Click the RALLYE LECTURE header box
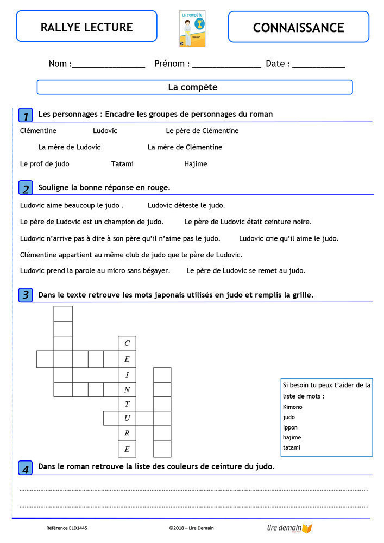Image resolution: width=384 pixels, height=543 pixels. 86,27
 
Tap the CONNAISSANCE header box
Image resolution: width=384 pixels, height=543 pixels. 298,27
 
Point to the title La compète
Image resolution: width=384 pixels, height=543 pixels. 193,87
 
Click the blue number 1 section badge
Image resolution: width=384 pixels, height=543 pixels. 26,115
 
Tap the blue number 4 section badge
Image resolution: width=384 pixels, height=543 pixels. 26,468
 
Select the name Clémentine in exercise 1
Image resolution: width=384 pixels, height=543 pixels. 38,131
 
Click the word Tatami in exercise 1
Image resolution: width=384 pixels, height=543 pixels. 122,164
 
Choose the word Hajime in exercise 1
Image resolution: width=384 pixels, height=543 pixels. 196,164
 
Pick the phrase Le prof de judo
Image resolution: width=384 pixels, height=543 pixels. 45,164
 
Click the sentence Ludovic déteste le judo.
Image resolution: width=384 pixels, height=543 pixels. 186,205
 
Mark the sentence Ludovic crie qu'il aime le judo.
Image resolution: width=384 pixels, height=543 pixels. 288,238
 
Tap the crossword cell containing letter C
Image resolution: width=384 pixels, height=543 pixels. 127,344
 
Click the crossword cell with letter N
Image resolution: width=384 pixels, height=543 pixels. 127,389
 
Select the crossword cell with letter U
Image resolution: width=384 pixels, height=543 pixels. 127,418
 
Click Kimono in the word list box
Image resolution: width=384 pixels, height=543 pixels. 293,407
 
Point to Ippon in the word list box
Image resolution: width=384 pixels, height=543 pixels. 290,427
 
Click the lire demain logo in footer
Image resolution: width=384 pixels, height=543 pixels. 289,528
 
